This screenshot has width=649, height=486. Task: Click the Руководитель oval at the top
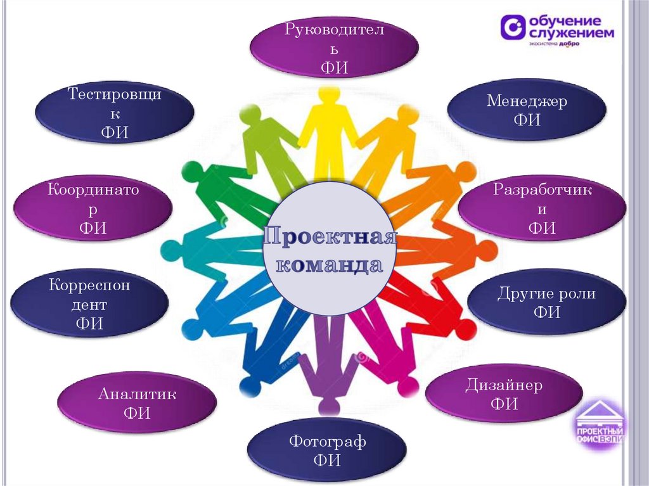(334, 48)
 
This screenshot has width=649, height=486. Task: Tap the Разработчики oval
(541, 208)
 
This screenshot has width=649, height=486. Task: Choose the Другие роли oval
(546, 302)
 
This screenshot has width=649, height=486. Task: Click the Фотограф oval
(326, 450)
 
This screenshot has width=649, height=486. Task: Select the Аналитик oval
(137, 403)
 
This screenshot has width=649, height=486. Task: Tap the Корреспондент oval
(89, 304)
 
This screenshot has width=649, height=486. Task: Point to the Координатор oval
(93, 208)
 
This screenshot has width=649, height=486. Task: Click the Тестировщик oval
(115, 113)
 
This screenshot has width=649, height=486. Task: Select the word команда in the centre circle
(330, 265)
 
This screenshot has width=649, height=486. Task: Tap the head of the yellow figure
(329, 96)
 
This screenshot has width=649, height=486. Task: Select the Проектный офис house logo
(600, 423)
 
